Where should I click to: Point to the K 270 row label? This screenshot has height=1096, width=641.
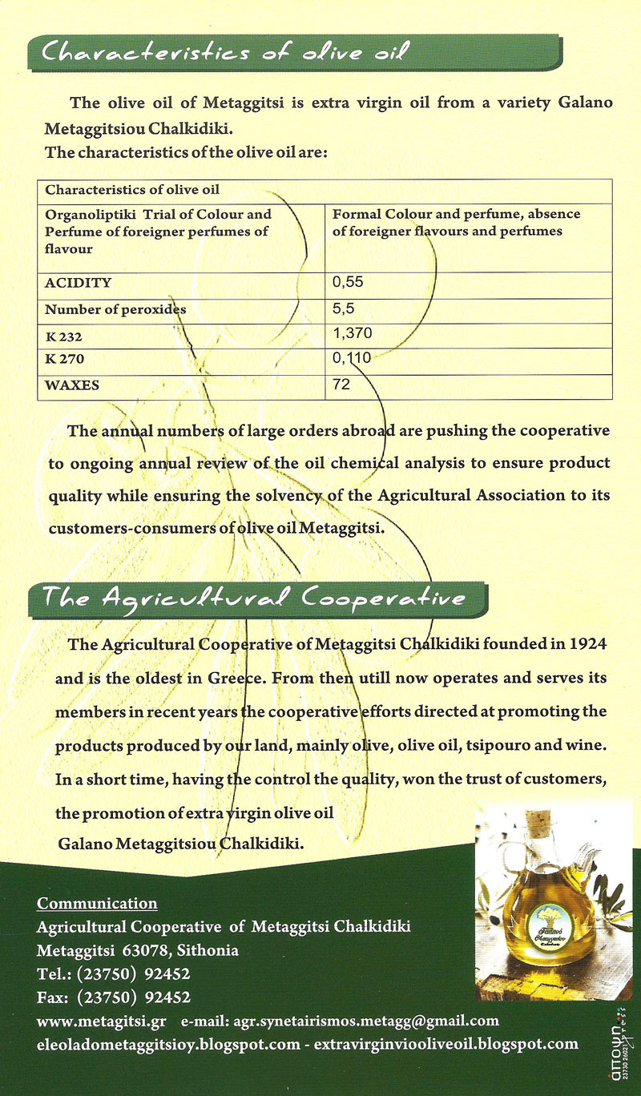click(64, 361)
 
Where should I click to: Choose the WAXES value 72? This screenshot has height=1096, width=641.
click(341, 385)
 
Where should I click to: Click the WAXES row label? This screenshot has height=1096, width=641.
click(72, 385)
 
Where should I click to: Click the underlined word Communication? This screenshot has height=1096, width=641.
click(97, 904)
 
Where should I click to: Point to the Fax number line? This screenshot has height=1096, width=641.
click(113, 997)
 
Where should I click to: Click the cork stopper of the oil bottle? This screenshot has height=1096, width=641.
click(546, 823)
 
